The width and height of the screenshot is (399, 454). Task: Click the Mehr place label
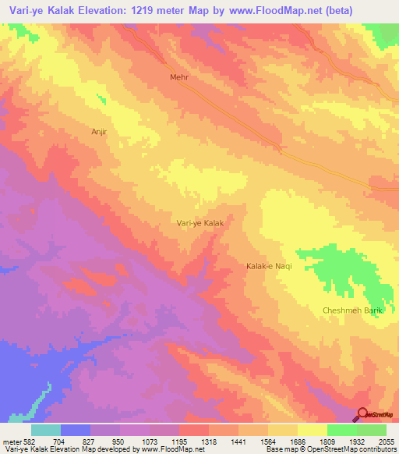tap(179, 78)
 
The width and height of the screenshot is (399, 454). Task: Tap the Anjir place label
tap(103, 132)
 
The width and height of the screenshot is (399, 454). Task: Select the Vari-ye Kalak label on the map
tap(200, 223)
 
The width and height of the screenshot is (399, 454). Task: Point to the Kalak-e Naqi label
tap(267, 267)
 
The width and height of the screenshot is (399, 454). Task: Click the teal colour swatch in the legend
tap(46, 430)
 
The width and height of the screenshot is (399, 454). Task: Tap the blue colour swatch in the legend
tap(76, 430)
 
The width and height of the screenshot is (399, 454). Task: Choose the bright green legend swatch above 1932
tap(342, 430)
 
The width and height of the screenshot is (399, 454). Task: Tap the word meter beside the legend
tap(11, 441)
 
